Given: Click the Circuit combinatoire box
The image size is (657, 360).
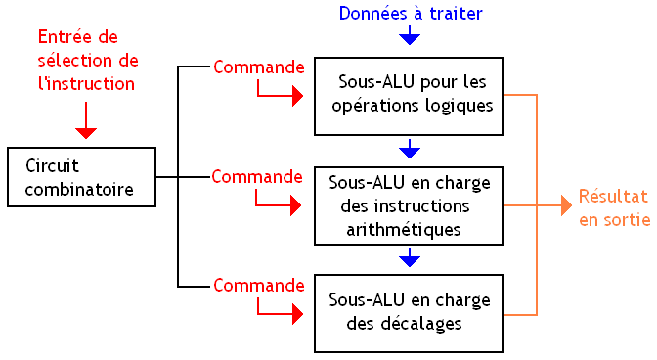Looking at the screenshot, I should [x=81, y=177].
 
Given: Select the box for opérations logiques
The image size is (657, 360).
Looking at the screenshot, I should [x=409, y=94].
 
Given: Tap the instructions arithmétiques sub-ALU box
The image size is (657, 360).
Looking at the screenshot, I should [x=409, y=205].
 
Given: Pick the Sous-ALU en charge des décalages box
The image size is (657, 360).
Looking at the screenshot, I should [x=409, y=313].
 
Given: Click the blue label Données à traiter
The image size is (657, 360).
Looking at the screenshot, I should [x=411, y=13].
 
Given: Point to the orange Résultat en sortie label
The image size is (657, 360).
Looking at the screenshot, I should [x=613, y=206].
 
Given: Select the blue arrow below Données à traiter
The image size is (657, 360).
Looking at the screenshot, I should [x=410, y=37].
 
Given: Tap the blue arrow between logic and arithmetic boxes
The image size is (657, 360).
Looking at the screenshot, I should [x=410, y=151].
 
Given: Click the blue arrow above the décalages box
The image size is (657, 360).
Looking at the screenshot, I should [x=410, y=259].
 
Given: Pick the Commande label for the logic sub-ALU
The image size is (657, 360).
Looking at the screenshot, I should [x=258, y=67].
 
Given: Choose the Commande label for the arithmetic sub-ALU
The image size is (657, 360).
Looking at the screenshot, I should [x=257, y=177].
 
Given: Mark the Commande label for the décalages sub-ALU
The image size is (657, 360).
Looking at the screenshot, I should [x=258, y=286].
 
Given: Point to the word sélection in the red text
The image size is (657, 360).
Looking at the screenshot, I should [x=68, y=61].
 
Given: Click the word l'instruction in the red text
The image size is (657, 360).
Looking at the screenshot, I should [x=86, y=83].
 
